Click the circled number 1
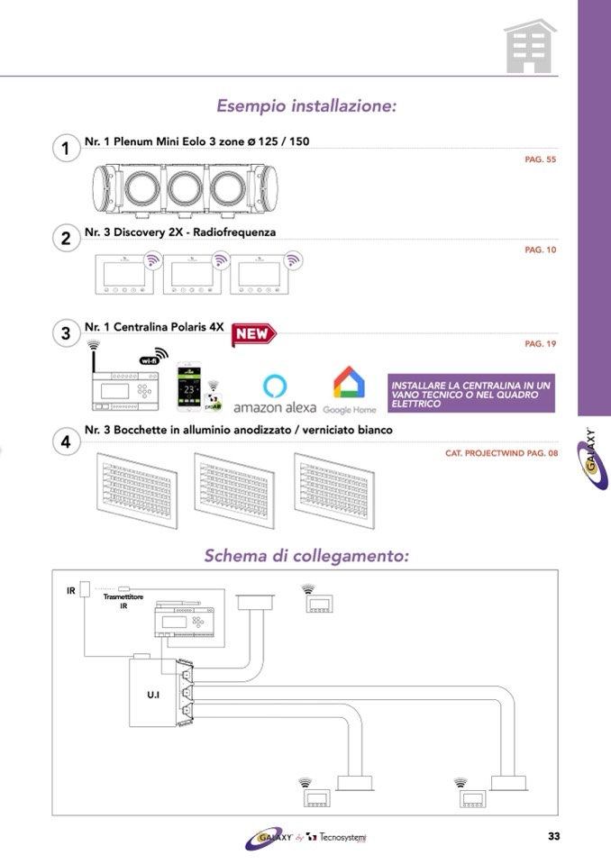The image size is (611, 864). (x=66, y=148)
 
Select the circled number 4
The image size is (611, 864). (x=66, y=442)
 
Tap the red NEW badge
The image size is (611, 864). (x=253, y=334)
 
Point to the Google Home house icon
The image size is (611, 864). (x=349, y=382)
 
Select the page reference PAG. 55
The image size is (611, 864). (x=541, y=159)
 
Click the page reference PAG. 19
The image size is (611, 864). (x=541, y=344)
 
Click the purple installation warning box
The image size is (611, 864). (x=470, y=395)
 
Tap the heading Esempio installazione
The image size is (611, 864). (x=306, y=106)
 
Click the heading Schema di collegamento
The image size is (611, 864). (x=306, y=555)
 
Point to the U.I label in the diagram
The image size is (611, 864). (x=152, y=696)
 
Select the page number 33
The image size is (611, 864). (x=553, y=836)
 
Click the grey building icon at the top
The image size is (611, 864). (x=530, y=46)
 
